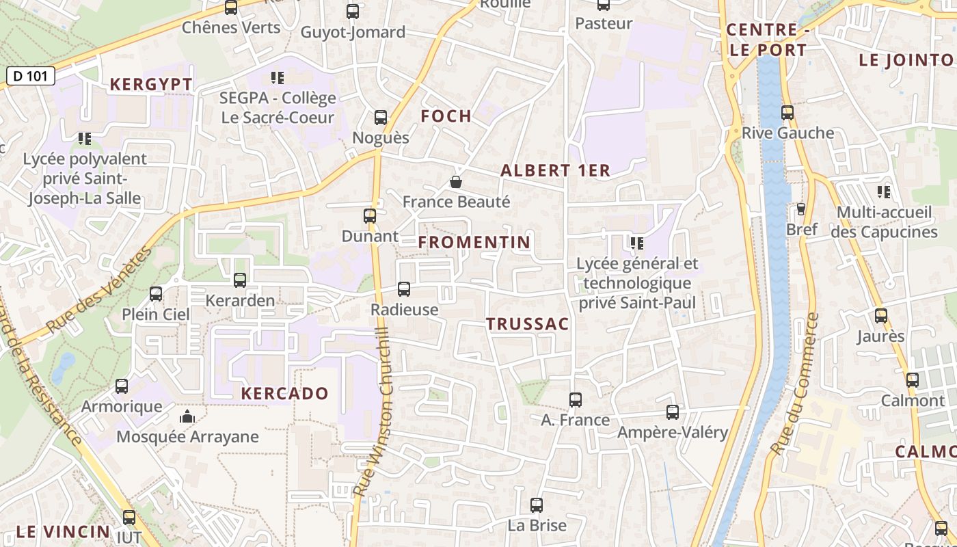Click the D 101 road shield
[x=31, y=76]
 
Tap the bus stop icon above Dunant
[x=370, y=216]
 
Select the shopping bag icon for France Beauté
[x=456, y=182]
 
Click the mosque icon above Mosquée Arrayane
[x=187, y=416]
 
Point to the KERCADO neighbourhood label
[x=285, y=394]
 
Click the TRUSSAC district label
[x=528, y=324]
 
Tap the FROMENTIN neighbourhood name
[x=474, y=242]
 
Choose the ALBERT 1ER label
[x=555, y=171]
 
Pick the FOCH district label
[x=446, y=116]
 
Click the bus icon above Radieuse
[x=404, y=289]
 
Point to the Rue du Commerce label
[x=795, y=384]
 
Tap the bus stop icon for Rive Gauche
[x=787, y=113]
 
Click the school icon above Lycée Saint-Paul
[x=636, y=243]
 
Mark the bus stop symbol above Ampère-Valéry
[x=673, y=412]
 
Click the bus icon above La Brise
[x=537, y=505]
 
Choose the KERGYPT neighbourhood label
[x=151, y=85]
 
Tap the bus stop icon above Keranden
[x=240, y=280]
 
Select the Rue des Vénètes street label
[x=100, y=291]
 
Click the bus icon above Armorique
[x=122, y=386]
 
